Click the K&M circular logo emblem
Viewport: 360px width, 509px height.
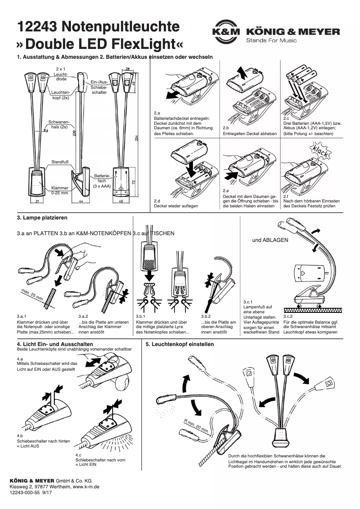click(x=225, y=31)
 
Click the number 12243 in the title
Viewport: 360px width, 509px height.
click(x=36, y=27)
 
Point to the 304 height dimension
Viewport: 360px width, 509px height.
click(x=136, y=139)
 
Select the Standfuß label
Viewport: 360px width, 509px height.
click(x=60, y=162)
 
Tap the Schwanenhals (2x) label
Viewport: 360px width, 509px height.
click(x=58, y=124)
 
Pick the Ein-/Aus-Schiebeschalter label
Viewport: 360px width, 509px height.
click(x=99, y=87)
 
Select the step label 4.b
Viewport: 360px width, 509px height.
click(x=20, y=435)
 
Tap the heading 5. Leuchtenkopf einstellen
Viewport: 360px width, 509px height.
click(x=180, y=344)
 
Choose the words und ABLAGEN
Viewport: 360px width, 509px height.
click(x=270, y=240)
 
